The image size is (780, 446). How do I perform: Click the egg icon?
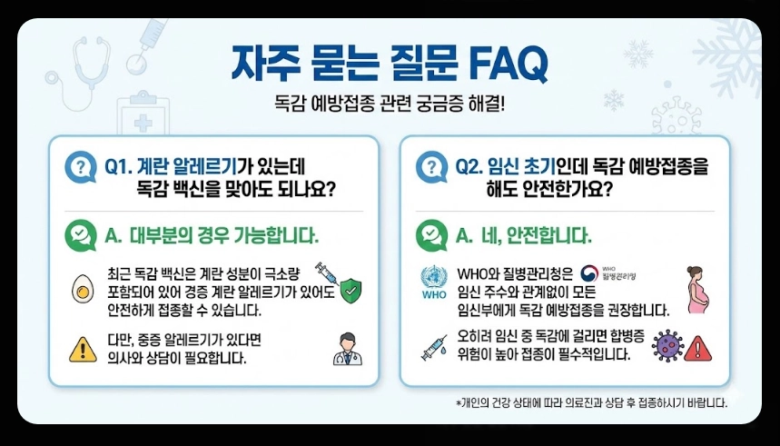pyautogui.click(x=83, y=290)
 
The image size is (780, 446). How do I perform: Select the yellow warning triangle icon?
pyautogui.click(x=83, y=349)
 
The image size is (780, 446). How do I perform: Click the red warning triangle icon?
pyautogui.click(x=697, y=348)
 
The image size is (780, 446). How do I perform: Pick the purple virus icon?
pyautogui.click(x=666, y=346)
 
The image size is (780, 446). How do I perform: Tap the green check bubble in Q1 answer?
pyautogui.click(x=81, y=235)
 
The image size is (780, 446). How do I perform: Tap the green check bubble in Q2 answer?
pyautogui.click(x=430, y=235)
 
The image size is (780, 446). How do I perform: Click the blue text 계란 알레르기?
pyautogui.click(x=187, y=166)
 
